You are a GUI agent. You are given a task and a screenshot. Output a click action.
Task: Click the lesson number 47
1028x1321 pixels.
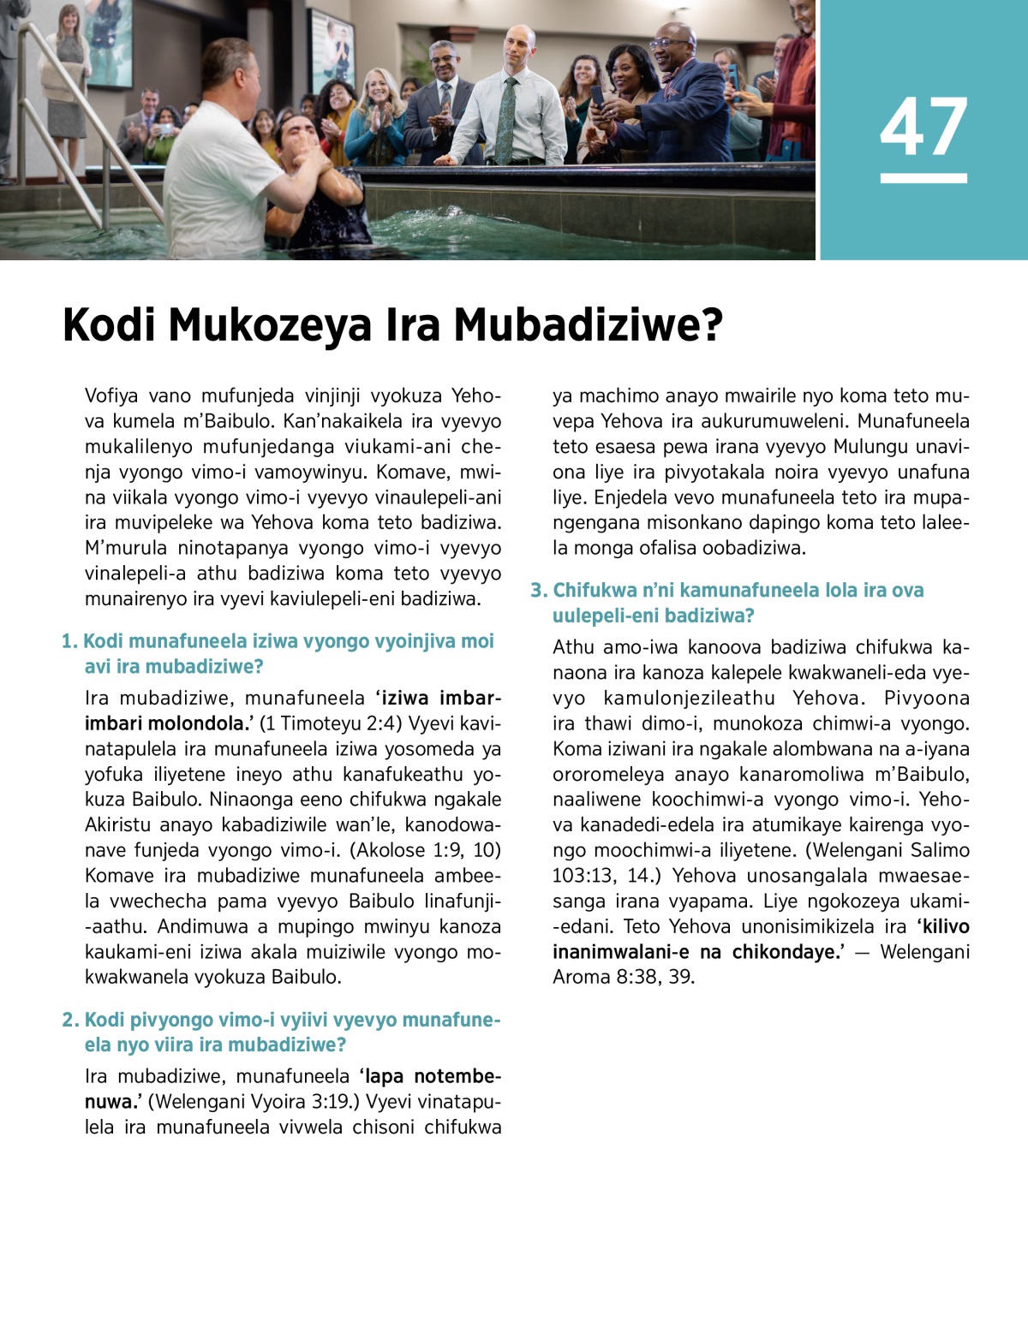[923, 128]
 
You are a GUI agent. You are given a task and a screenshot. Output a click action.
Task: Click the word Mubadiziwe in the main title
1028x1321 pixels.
[588, 325]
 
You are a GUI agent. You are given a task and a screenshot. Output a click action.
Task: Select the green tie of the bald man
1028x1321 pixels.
[507, 120]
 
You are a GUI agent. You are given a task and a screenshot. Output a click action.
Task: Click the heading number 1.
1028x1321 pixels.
[69, 641]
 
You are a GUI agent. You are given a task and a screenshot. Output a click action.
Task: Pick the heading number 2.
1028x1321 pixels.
[69, 1020]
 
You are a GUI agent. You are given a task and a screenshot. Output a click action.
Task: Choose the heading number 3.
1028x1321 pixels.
[538, 590]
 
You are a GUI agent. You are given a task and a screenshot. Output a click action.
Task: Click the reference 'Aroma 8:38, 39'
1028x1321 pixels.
[623, 977]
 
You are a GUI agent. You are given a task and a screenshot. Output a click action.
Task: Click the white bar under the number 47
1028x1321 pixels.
[923, 178]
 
